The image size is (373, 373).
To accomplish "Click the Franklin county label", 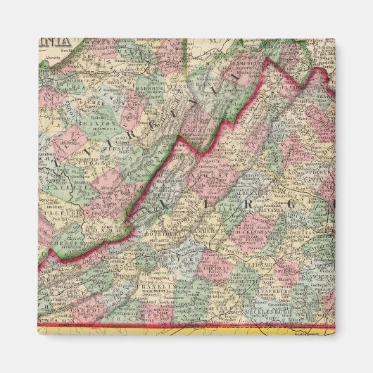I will pos(162,286).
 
